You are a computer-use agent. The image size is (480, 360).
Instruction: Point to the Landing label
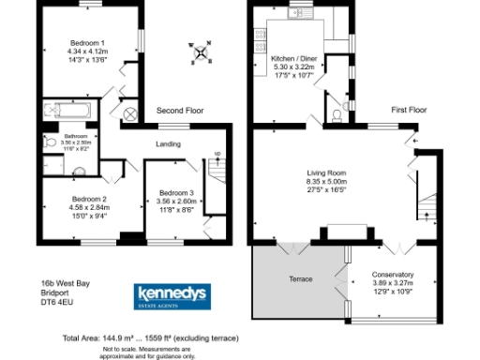coord(168,143)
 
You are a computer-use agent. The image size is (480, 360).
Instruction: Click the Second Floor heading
coord(180,111)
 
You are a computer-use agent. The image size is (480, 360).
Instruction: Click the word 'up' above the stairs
coord(217,153)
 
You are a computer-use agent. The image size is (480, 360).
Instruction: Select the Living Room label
coord(327,172)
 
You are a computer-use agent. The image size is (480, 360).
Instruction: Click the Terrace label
coord(300,279)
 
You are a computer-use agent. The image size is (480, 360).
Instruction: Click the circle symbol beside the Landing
coord(130,113)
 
